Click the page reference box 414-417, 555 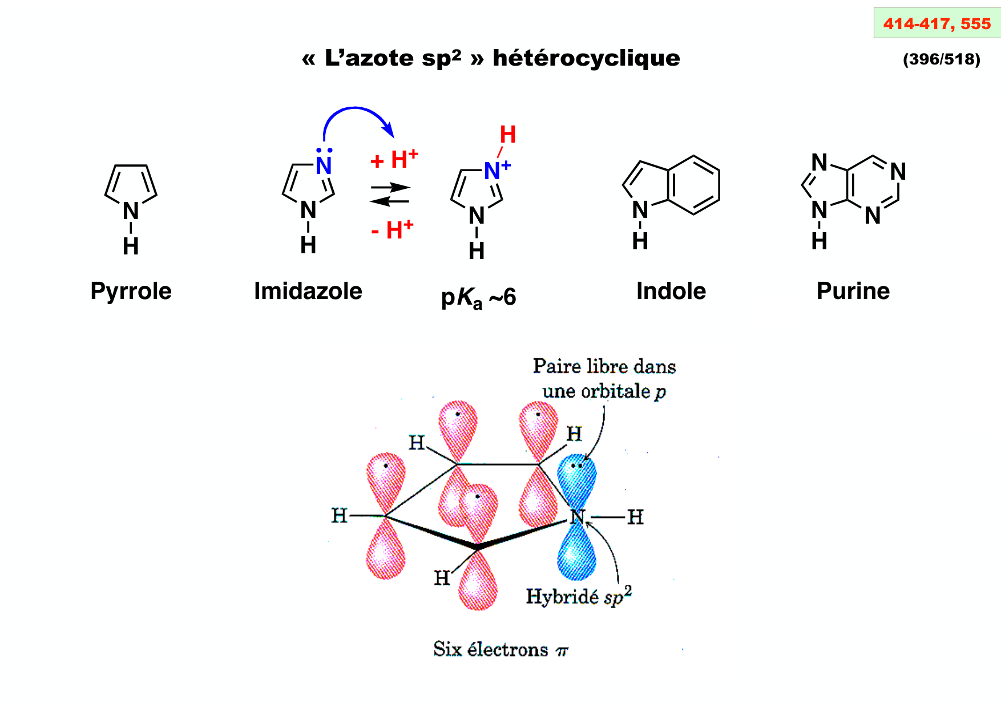click(937, 23)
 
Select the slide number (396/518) click(941, 59)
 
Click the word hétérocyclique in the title click(586, 58)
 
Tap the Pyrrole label click(131, 291)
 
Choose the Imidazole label click(308, 291)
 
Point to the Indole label click(671, 291)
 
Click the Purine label click(853, 291)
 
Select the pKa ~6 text click(478, 297)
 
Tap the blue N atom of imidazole click(324, 166)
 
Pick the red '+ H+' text click(394, 160)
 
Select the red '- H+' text click(392, 230)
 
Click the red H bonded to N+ click(507, 135)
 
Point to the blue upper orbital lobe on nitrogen click(578, 479)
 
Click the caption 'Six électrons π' click(500, 649)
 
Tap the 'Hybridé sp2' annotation click(578, 596)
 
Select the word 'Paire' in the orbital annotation click(551, 366)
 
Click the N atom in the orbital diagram click(577, 517)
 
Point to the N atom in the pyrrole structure click(131, 211)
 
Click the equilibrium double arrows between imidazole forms click(390, 194)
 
